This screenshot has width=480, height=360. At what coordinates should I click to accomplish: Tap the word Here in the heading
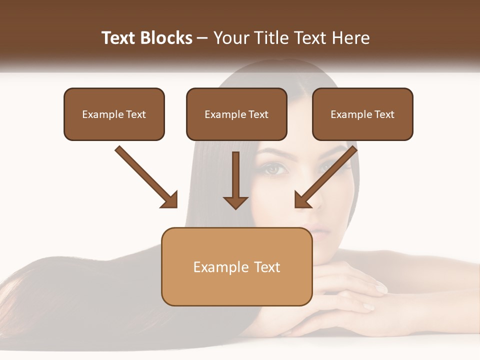[351, 38]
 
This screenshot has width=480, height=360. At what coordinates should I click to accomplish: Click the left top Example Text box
[114, 114]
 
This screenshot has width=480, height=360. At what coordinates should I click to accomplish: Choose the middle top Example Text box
[236, 114]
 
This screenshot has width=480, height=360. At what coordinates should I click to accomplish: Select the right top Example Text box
[362, 114]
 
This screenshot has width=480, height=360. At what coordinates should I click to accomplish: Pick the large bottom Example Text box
[236, 267]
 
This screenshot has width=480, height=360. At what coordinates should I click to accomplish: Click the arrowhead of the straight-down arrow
[235, 202]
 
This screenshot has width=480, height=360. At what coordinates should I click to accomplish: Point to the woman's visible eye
[274, 169]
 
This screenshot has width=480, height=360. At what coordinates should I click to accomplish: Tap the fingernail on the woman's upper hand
[381, 288]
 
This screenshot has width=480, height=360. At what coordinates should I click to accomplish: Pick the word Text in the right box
[384, 114]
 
